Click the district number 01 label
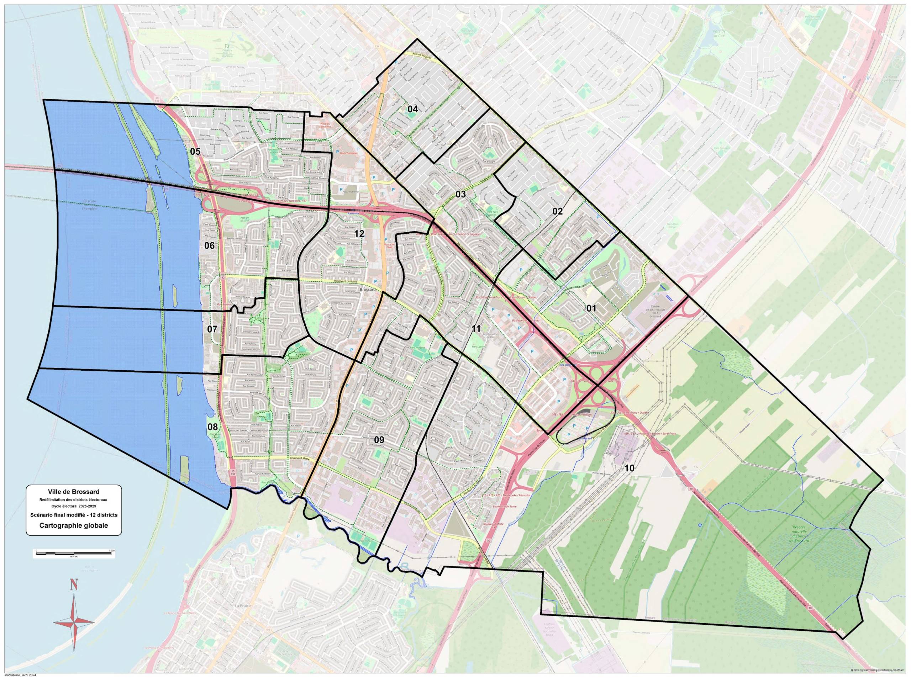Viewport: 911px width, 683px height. coord(591,308)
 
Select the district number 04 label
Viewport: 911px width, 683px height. coord(413,109)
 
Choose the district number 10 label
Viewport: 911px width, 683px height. coord(629,468)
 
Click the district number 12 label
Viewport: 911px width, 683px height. coord(359,234)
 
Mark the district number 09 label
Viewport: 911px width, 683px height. coord(379,440)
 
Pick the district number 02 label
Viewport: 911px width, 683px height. coord(557,212)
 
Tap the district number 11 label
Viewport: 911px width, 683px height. coord(476,329)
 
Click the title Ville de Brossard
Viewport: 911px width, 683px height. coord(74,492)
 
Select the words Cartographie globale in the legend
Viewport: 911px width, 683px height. coord(74,526)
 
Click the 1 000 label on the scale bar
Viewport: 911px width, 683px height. coord(110,550)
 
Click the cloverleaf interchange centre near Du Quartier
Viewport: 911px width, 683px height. coord(597,385)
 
